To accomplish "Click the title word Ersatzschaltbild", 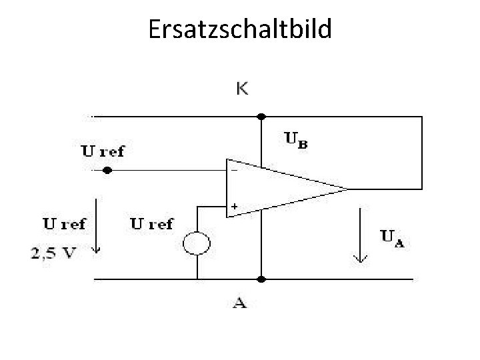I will pos(240,30).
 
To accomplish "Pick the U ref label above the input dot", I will pos(102,151).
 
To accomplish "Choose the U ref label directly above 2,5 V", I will pos(64,224).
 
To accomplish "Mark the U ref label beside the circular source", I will pos(151,224).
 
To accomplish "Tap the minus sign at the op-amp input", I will pos(234,169).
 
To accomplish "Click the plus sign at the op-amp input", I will pos(234,207).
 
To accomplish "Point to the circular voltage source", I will pos(198,245).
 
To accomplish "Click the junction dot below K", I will pos(261,116).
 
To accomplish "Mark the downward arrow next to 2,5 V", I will pos(97,227).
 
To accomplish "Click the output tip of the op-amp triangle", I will pos(347,188).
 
